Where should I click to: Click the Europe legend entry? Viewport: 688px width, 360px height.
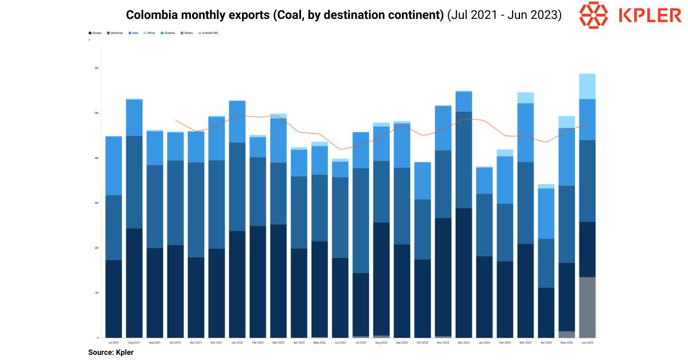(96, 33)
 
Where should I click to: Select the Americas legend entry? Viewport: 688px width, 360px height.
(116, 33)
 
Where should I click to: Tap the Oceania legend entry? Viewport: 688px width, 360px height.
(169, 33)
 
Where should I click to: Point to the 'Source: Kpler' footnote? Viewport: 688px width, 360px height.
(111, 353)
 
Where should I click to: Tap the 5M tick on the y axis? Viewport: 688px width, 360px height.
(96, 113)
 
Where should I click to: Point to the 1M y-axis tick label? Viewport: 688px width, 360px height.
(96, 293)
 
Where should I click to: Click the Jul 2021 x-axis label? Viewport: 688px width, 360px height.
(114, 342)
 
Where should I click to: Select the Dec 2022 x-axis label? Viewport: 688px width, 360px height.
(464, 342)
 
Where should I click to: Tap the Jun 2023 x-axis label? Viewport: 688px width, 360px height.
(587, 342)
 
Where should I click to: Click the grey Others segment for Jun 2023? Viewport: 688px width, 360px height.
(587, 307)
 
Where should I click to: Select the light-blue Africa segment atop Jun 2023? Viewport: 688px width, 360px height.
(587, 86)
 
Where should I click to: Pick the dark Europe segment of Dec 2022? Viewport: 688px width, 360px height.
(464, 272)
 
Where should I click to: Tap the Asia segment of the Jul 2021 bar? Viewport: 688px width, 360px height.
(114, 166)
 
